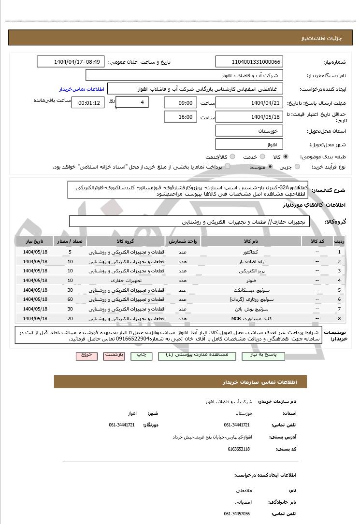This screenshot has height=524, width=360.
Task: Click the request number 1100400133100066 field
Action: [249, 62]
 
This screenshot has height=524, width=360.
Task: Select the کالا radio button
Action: [286, 157]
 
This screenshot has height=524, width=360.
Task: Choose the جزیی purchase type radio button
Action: [297, 167]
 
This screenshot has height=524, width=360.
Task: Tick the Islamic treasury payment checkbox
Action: [228, 167]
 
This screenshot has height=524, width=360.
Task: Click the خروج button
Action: [86, 355]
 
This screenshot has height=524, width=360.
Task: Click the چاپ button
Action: [139, 355]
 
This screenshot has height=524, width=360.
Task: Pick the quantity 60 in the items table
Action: [70, 299]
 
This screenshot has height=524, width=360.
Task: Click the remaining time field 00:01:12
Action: [87, 103]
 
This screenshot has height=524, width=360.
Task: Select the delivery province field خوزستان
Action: [249, 131]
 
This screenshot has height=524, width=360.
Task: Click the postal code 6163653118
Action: [239, 449]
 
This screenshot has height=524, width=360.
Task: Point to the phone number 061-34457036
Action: [237, 514]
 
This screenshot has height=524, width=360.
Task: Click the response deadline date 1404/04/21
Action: [249, 103]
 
